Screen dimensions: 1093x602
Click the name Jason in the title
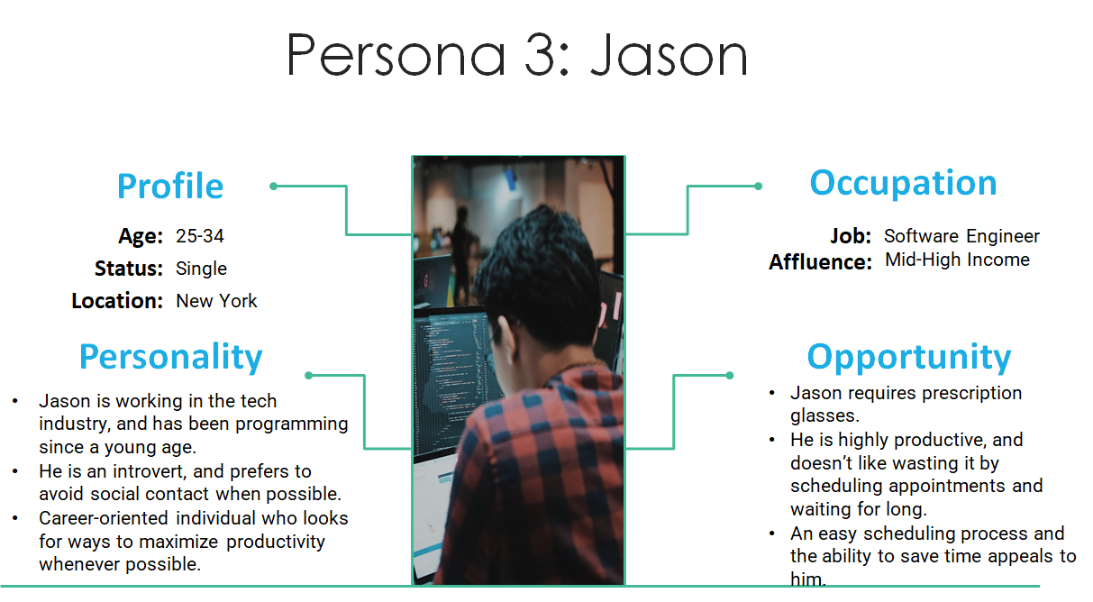pos(669,55)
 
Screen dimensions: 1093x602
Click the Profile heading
pos(170,187)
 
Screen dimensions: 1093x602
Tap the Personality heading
pos(171,358)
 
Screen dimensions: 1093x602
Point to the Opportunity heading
pos(909,358)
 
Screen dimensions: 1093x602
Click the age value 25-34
pos(199,236)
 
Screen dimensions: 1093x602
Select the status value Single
pos(201,269)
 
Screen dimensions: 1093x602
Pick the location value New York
pos(216,301)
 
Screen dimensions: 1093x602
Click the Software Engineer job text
pos(961,237)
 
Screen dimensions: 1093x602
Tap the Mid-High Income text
pos(957,260)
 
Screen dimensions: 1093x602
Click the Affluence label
pos(820,262)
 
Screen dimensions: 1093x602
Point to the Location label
pos(117,301)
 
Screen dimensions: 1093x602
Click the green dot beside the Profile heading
pos(273,186)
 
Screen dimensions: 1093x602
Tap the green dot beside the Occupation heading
pos(759,186)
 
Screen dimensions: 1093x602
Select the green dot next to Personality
pos(308,375)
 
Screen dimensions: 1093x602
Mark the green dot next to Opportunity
pos(730,375)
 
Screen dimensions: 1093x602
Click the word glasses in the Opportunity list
pos(824,416)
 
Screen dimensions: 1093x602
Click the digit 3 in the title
pos(541,55)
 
